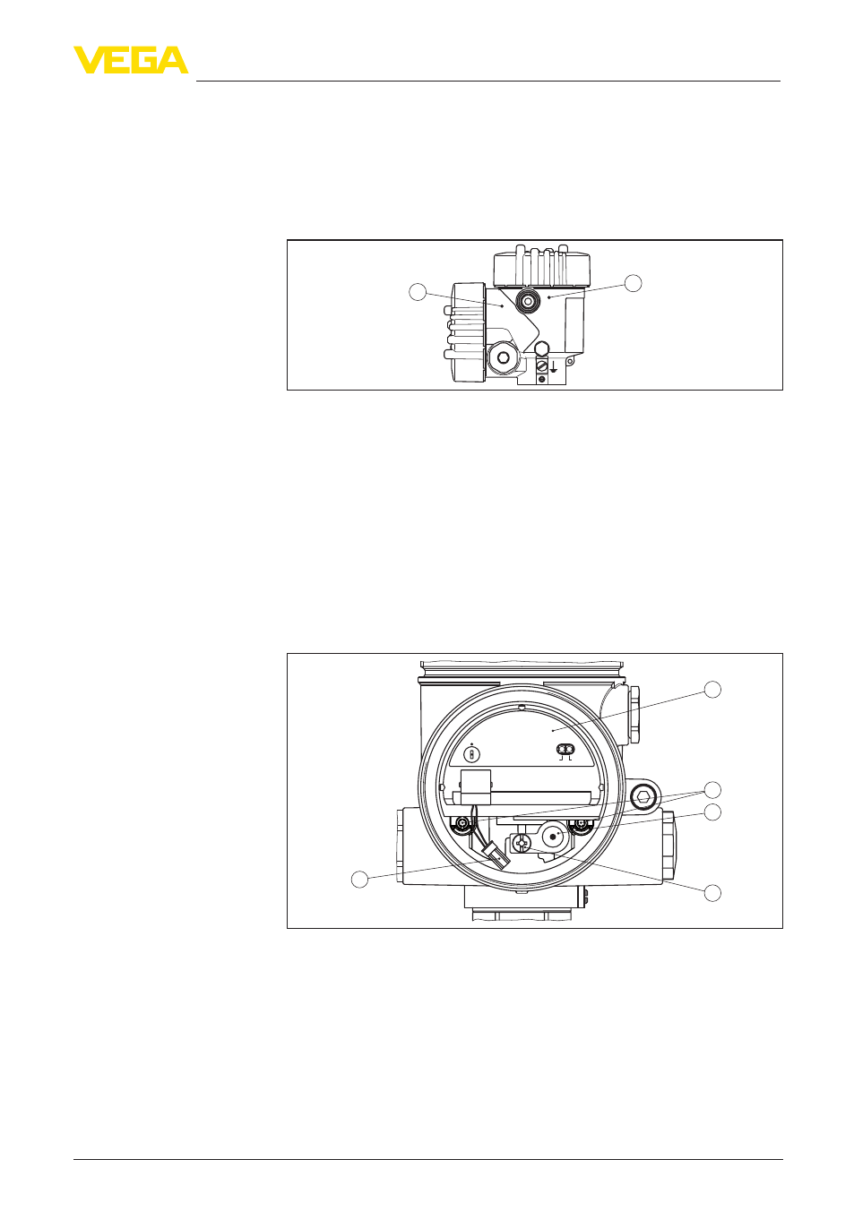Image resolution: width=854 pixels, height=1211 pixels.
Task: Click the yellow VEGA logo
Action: coord(131,60)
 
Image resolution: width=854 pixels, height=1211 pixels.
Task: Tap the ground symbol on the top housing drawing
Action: coord(554,367)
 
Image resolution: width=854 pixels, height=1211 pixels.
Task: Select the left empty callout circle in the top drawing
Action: coord(417,293)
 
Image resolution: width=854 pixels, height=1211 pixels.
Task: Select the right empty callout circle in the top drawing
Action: coord(634,283)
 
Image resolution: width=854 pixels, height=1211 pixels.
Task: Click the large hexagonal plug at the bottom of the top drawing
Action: coord(503,357)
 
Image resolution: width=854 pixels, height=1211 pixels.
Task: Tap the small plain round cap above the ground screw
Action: coord(541,348)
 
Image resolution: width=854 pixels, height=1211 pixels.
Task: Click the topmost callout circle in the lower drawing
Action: coord(712,690)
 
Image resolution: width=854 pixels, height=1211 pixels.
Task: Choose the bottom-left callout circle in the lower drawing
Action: coord(359,879)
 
